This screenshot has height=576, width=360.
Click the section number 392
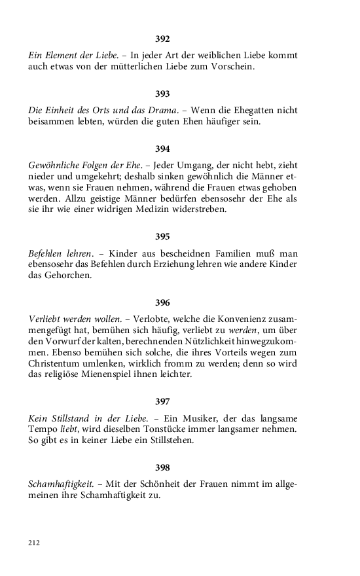[162, 39]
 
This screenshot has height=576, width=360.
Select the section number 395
[162, 236]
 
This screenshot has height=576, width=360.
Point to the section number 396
[162, 302]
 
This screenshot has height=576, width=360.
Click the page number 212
[34, 543]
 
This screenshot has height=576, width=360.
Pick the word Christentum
[56, 364]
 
